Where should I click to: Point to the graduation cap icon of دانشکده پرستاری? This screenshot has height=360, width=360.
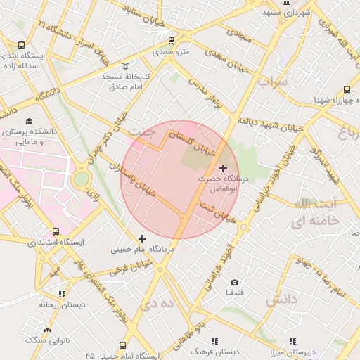click(x=29, y=121)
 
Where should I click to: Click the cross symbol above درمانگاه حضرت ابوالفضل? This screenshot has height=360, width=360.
click(x=224, y=168)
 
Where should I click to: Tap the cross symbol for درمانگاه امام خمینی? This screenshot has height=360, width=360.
click(x=143, y=238)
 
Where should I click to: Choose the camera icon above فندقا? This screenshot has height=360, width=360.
click(x=234, y=283)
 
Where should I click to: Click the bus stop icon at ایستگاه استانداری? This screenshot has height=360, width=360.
click(x=56, y=231)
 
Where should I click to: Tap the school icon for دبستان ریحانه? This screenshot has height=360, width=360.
click(x=62, y=295)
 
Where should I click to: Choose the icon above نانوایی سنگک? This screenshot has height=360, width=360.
click(x=47, y=329)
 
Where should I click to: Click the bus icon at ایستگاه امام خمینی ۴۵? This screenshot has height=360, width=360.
click(x=123, y=345)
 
